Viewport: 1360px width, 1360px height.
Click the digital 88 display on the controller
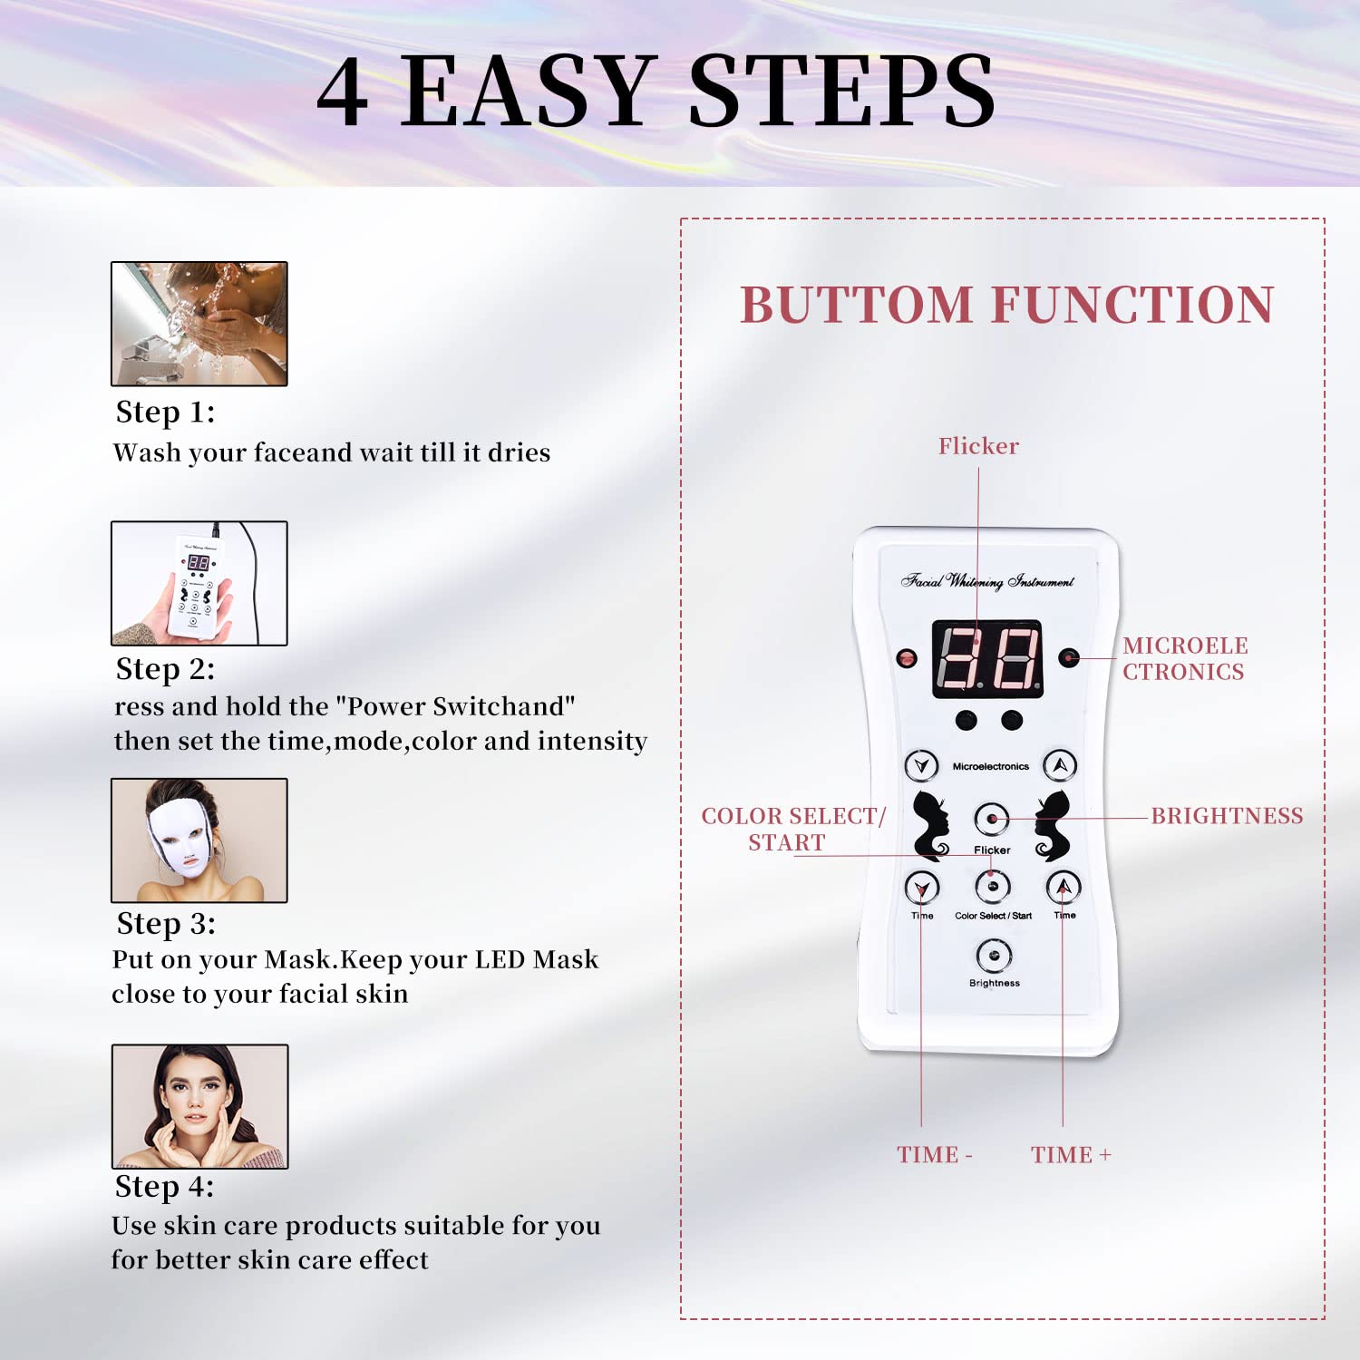987,659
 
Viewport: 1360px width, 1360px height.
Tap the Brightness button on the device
994,955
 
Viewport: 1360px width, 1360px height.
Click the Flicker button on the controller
992,819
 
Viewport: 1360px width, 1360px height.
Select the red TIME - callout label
934,1155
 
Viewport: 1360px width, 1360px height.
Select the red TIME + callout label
1070,1155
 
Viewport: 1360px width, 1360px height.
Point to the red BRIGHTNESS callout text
1227,816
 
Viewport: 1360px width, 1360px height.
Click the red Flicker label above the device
978,446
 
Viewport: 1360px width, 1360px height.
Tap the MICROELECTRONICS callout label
1184,658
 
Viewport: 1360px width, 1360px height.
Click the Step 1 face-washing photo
199,324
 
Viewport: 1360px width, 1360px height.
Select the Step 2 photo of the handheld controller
199,583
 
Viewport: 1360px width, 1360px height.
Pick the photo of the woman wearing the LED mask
199,840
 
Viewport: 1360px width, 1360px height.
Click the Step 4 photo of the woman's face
199,1106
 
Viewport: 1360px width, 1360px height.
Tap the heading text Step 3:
166,924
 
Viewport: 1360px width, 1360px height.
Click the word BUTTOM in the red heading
857,305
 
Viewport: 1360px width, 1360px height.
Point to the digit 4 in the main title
343,92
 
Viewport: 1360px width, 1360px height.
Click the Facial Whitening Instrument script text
987,581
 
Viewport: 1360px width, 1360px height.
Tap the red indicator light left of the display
906,658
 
